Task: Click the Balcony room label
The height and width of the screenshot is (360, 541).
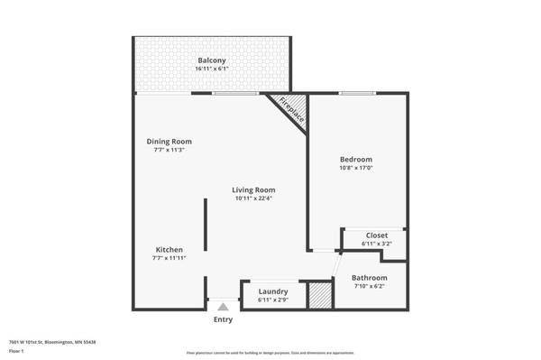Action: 212,60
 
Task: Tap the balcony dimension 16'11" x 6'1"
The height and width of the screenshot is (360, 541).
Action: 212,69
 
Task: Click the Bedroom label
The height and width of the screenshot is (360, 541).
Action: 355,159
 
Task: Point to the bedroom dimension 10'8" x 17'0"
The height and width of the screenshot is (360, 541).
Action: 355,168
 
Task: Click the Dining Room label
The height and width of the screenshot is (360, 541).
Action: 170,141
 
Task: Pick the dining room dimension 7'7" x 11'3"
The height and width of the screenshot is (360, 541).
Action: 170,150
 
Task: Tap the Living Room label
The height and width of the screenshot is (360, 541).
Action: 253,189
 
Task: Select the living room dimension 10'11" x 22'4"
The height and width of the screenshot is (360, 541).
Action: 253,198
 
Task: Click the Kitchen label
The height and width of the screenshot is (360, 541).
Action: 170,249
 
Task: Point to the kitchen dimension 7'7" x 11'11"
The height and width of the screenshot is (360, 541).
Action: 170,258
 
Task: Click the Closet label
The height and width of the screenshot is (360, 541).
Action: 376,235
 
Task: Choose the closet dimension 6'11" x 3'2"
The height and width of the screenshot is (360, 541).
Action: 376,244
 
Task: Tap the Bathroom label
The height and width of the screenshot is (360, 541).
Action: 369,277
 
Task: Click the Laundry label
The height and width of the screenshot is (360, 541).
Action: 272,291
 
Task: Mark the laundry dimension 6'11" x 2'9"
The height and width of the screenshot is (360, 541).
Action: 272,300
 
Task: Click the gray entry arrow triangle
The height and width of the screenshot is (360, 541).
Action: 223,307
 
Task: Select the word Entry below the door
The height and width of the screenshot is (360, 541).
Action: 223,319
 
